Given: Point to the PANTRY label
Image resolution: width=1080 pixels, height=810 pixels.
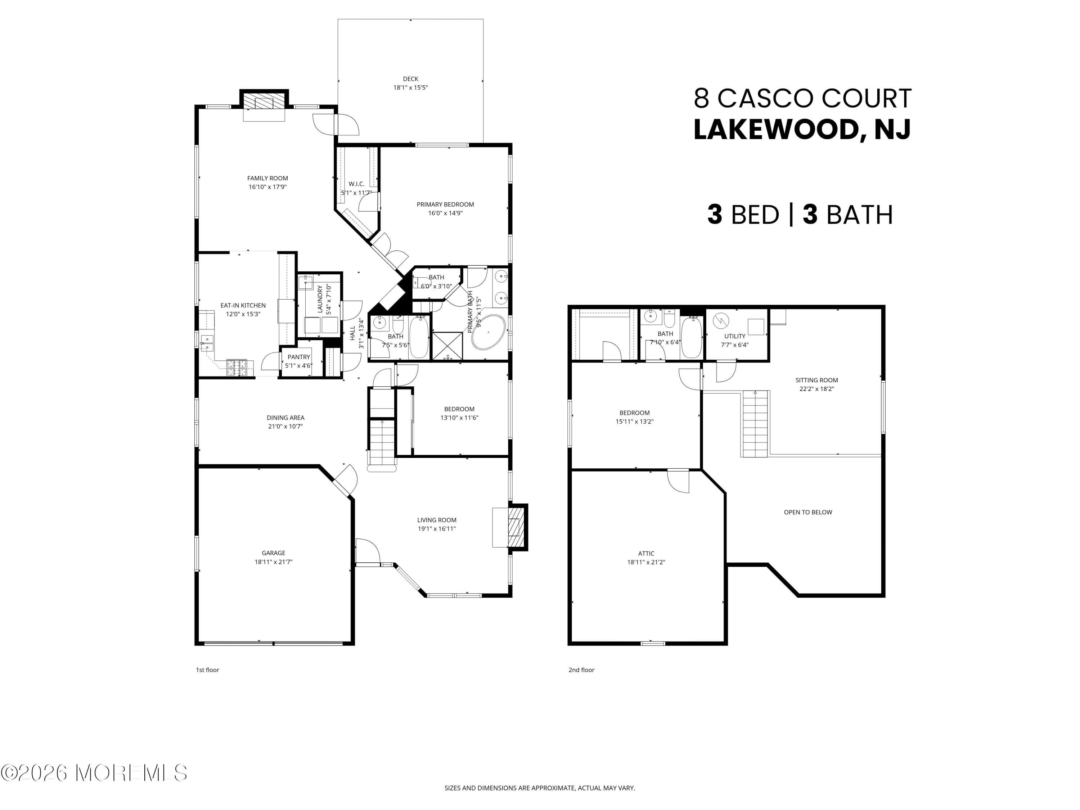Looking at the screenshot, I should [x=298, y=357].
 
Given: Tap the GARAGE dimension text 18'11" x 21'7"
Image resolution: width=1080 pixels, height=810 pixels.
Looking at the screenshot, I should [x=273, y=562].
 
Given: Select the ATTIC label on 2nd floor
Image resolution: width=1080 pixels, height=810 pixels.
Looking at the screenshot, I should [x=645, y=553].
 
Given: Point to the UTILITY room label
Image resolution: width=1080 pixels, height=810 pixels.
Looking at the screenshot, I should [x=734, y=336].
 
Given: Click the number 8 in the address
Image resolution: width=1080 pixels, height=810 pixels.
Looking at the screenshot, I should [x=702, y=98].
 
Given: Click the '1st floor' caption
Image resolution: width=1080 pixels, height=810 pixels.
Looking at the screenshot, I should [x=207, y=670].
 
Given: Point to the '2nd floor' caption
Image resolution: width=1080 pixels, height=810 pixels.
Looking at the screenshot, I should [x=581, y=670].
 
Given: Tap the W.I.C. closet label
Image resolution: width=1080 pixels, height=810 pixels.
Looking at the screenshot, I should [x=356, y=184].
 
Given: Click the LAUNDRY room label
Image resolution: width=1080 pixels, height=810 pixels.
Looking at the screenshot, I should [x=320, y=299].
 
